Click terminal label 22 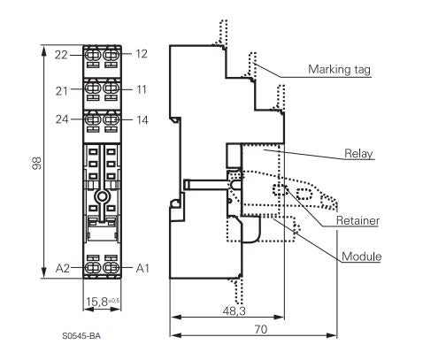(x=61, y=55)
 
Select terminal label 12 (x=142, y=54)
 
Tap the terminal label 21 (x=62, y=91)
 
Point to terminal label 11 (x=142, y=89)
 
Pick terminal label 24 (x=62, y=119)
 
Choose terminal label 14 (x=142, y=120)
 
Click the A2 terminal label (x=63, y=268)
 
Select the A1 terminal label (x=142, y=268)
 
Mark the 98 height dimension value (x=36, y=163)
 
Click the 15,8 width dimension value (x=96, y=302)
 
